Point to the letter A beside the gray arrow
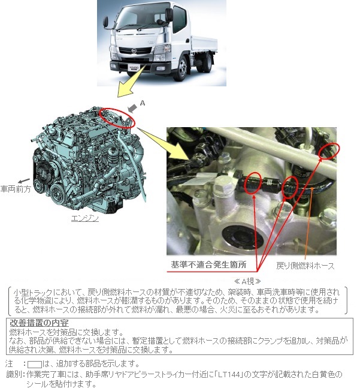[143, 103]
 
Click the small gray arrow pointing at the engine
[132, 108]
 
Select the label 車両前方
[16, 189]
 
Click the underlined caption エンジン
[84, 218]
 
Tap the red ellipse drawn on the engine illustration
[117, 118]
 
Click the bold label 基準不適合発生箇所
[208, 264]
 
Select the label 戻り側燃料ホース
[305, 266]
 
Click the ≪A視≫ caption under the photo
[247, 281]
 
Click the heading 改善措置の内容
[39, 323]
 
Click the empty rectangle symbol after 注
[35, 364]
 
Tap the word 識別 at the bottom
[14, 374]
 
